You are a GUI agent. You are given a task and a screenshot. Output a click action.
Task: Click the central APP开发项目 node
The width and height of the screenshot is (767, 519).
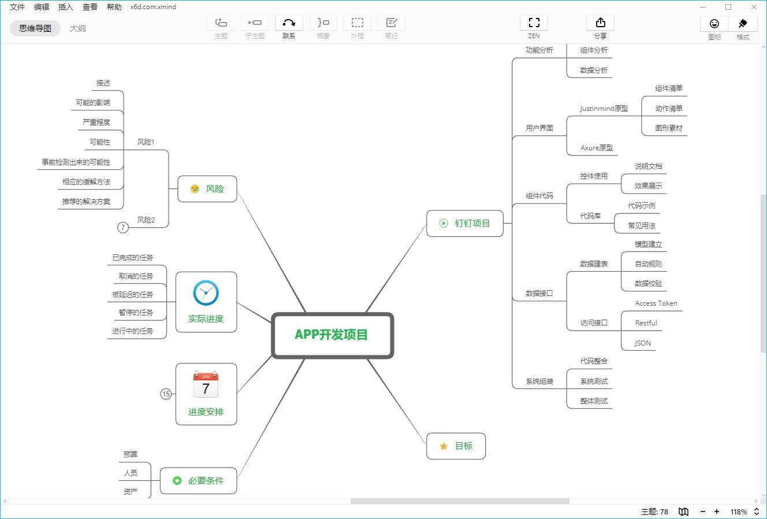pos(332,335)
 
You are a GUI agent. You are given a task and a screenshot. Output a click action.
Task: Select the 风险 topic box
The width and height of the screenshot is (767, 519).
pos(207,189)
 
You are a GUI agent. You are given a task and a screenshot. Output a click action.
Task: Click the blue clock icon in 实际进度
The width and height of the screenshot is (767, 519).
pos(206,293)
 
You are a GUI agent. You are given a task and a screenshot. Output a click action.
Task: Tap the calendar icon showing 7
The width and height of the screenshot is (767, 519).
pos(206,385)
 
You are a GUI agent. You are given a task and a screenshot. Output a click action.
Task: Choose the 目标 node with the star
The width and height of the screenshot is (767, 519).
pos(456,446)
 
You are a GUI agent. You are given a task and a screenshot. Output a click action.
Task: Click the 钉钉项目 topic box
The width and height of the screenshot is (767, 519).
pos(465,224)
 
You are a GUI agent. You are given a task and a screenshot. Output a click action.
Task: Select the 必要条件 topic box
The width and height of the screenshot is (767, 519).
pos(198,481)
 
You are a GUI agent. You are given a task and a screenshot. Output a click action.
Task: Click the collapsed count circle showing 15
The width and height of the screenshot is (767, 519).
pos(166,394)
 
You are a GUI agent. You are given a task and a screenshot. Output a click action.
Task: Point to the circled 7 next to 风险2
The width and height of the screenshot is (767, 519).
pos(122,228)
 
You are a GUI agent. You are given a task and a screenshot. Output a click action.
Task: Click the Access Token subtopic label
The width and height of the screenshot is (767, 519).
pos(656,303)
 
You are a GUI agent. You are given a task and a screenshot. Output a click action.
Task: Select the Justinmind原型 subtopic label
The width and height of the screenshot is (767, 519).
pos(604,109)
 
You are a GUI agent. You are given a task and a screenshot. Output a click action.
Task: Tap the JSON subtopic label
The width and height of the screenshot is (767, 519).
pos(642,343)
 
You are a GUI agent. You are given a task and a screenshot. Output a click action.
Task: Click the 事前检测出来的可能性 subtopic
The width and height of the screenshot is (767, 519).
pos(76,162)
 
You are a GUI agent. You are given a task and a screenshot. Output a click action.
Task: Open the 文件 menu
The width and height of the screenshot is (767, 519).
pos(17,7)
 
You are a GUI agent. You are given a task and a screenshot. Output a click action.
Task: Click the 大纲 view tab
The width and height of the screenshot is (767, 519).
pos(78,28)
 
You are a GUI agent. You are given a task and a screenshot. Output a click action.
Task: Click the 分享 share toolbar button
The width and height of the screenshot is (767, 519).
pos(600,27)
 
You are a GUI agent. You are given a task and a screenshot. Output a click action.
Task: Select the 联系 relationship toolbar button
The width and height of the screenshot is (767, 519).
pos(289,27)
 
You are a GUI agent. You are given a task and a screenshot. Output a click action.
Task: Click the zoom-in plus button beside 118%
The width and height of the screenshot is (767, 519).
pos(717,512)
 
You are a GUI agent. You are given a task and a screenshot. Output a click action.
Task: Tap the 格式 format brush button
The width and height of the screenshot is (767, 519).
pos(743,27)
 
